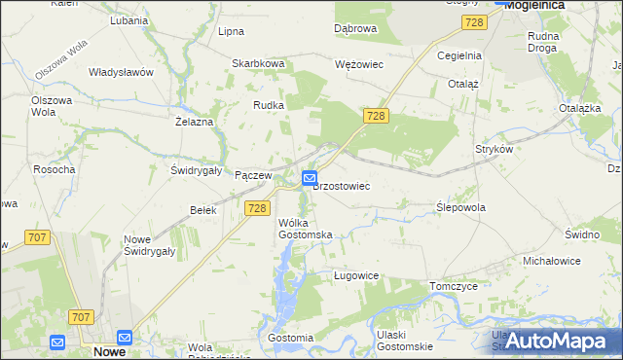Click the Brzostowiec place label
click(341, 185)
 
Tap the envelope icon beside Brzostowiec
click(309, 178)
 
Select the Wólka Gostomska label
click(306, 229)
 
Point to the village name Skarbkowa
click(258, 64)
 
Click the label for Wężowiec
click(359, 64)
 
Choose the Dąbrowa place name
click(355, 29)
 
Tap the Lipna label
click(231, 31)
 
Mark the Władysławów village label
click(122, 72)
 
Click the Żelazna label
click(194, 122)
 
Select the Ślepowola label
click(461, 207)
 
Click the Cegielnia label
click(459, 55)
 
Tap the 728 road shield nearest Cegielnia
click(474, 22)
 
